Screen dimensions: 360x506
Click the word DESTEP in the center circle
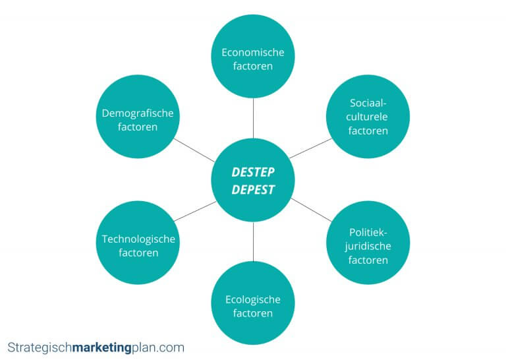click(253, 171)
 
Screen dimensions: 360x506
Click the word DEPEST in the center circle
click(253, 189)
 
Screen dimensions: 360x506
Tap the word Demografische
click(138, 113)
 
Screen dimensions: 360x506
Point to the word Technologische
click(138, 238)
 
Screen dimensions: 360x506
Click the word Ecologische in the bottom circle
click(253, 299)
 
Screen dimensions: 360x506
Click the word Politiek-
click(368, 232)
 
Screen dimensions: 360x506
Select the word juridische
click(368, 246)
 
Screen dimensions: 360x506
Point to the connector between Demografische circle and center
click(196, 148)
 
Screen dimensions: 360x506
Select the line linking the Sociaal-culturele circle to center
click(310, 148)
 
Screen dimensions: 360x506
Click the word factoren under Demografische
click(138, 127)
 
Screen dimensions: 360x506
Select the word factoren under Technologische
click(138, 253)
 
